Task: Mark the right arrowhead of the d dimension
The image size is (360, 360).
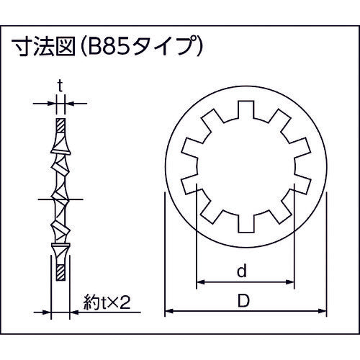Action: [292, 282]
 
